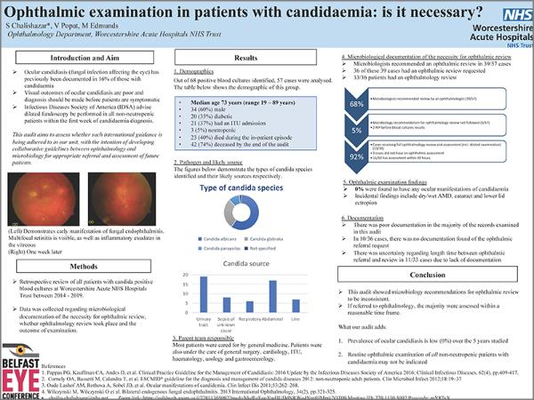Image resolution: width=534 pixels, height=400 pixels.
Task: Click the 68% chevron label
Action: pos(358,104)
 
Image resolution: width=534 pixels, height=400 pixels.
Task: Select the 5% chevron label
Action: pos(358,131)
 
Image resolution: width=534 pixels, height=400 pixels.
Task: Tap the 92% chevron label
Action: pos(358,158)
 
